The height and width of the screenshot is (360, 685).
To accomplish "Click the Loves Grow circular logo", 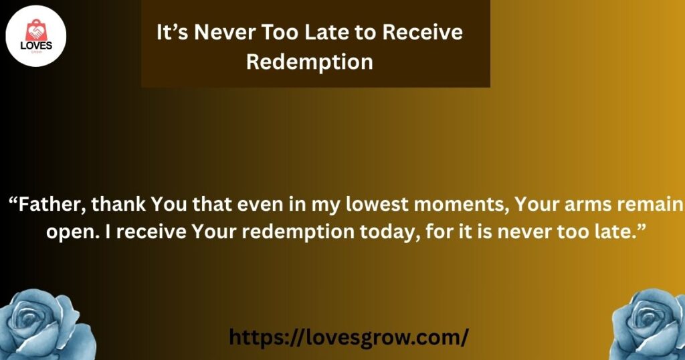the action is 36,36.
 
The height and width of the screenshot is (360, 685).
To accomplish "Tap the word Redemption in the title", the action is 309,62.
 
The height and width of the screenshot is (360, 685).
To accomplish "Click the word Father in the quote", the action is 52,205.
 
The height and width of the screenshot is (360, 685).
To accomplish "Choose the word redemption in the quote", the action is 298,232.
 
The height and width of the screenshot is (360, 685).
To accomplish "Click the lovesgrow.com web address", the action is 349,337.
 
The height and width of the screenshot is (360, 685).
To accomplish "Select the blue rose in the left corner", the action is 46,325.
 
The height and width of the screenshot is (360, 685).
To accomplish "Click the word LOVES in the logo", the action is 36,46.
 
